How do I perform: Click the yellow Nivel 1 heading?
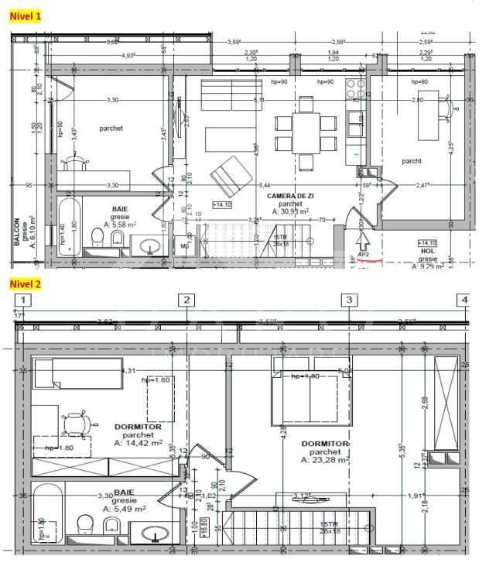click(25, 15)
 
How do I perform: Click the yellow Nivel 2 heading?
click(25, 283)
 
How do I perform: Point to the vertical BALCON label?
click(17, 231)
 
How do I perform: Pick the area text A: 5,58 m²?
click(119, 225)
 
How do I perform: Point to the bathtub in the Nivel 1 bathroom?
click(71, 229)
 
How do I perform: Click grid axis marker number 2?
click(186, 300)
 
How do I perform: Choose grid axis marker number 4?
click(464, 300)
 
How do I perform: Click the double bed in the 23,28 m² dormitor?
click(306, 390)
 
